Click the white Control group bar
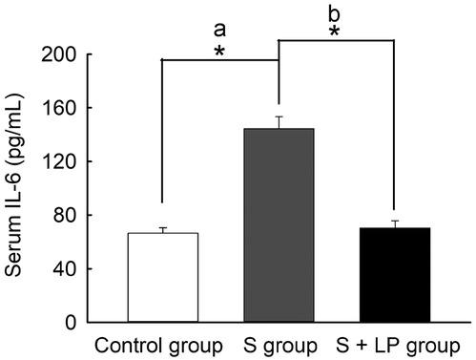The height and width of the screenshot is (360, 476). tap(162, 278)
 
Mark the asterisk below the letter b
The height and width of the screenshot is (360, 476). tap(336, 33)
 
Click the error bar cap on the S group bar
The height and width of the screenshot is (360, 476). tap(279, 116)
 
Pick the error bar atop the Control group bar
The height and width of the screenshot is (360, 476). tap(162, 229)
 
